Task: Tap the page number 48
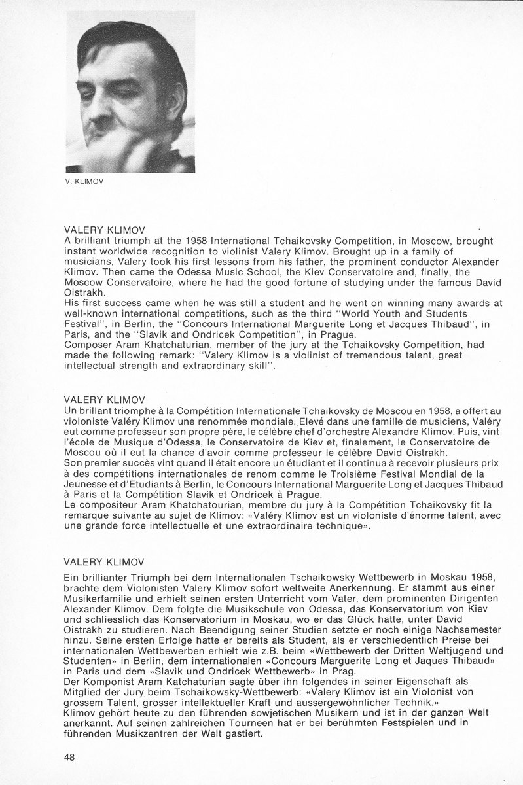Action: [x=70, y=757]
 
